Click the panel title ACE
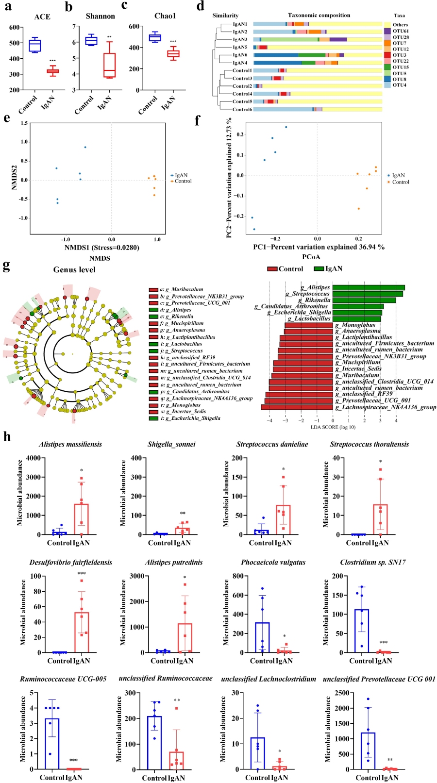[x=42, y=17]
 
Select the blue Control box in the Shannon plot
[x=91, y=40]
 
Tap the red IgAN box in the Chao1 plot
[x=173, y=54]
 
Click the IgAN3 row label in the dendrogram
[x=240, y=39]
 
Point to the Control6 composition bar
[x=318, y=109]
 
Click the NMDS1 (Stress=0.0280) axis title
[x=102, y=248]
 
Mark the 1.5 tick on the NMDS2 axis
[x=24, y=123]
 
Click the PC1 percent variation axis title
[x=319, y=247]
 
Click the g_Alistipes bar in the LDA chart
[x=369, y=288]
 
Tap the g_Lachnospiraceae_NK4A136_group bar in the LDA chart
[x=297, y=407]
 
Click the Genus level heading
[x=74, y=270]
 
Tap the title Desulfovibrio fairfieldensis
[x=71, y=563]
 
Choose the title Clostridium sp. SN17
[x=373, y=563]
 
